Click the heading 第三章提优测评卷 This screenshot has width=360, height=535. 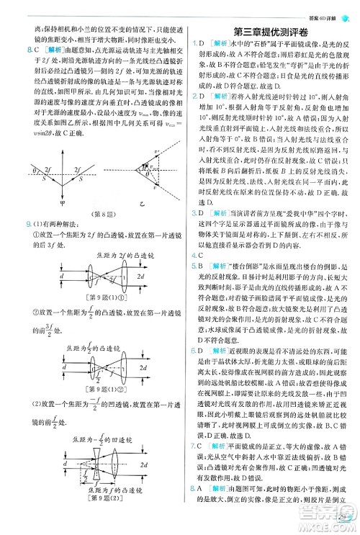(269, 31)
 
